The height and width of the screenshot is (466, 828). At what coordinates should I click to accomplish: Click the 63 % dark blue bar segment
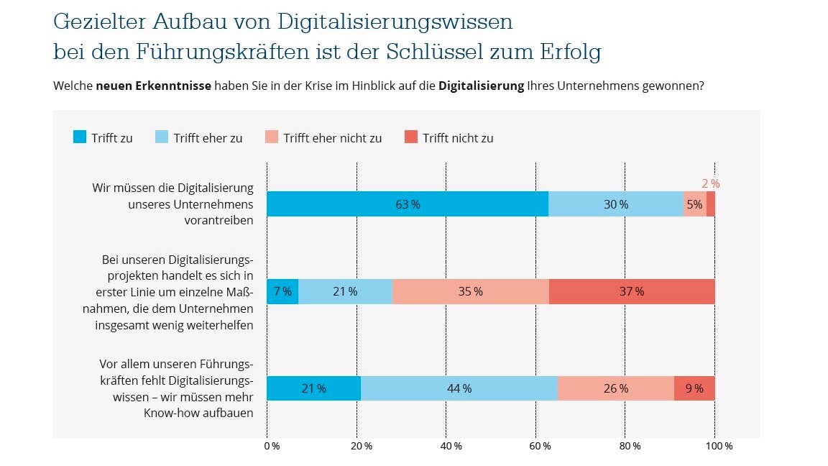[407, 204]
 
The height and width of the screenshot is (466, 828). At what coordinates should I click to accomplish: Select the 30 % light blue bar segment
[615, 204]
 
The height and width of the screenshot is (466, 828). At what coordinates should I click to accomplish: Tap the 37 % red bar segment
[632, 291]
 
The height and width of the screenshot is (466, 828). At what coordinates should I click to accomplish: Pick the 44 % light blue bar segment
[459, 388]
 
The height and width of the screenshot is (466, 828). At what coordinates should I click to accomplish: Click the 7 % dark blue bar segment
[282, 291]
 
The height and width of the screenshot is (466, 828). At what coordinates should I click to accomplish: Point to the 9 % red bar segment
[694, 388]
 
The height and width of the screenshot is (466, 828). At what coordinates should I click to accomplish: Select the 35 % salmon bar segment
[471, 291]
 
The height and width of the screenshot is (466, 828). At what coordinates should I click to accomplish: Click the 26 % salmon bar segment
[616, 388]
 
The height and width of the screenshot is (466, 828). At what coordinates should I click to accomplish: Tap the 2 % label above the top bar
[710, 184]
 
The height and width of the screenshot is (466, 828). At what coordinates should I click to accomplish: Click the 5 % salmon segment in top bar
[694, 204]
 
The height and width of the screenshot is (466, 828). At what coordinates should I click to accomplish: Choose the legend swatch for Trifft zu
[80, 137]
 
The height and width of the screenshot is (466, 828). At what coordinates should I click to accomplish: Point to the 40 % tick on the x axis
[451, 447]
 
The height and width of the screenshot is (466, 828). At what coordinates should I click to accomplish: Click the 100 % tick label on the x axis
[719, 447]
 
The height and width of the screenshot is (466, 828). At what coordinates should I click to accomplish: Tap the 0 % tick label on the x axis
[271, 447]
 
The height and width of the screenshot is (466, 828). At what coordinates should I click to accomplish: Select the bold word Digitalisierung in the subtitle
[481, 86]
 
